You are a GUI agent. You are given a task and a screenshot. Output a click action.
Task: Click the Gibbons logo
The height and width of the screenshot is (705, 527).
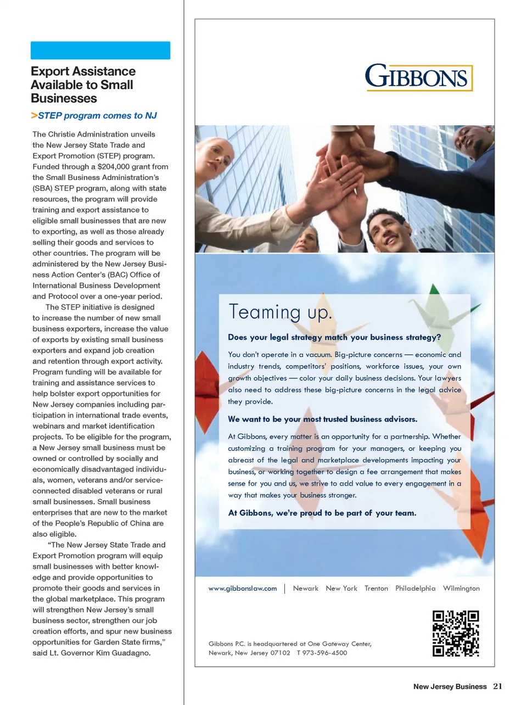coord(418,77)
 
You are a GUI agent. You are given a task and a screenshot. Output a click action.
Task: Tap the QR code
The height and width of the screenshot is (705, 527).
coord(456,633)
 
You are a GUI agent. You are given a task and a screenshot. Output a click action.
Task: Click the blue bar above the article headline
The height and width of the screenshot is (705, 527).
coord(100,50)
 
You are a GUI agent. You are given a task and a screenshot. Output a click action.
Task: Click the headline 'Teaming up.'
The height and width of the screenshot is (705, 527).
coord(280,312)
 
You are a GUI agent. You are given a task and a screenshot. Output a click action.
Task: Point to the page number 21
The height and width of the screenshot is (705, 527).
coord(497,686)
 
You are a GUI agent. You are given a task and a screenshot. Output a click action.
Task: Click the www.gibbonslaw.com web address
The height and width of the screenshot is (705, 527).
coord(243,588)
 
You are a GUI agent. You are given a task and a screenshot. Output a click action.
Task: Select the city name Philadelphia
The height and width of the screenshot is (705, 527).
coord(415,588)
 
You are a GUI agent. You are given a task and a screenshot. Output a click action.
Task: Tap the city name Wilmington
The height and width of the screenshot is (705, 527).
coord(461,588)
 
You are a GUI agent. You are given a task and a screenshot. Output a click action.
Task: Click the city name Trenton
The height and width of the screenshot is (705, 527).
coord(376,588)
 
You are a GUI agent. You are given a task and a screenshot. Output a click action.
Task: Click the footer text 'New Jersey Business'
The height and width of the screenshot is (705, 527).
coord(450,686)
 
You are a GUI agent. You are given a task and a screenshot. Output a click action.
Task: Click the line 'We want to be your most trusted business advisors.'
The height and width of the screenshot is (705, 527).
coord(323,419)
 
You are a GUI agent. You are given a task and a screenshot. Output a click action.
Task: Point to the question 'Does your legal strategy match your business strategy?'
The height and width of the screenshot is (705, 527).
coord(334,337)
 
